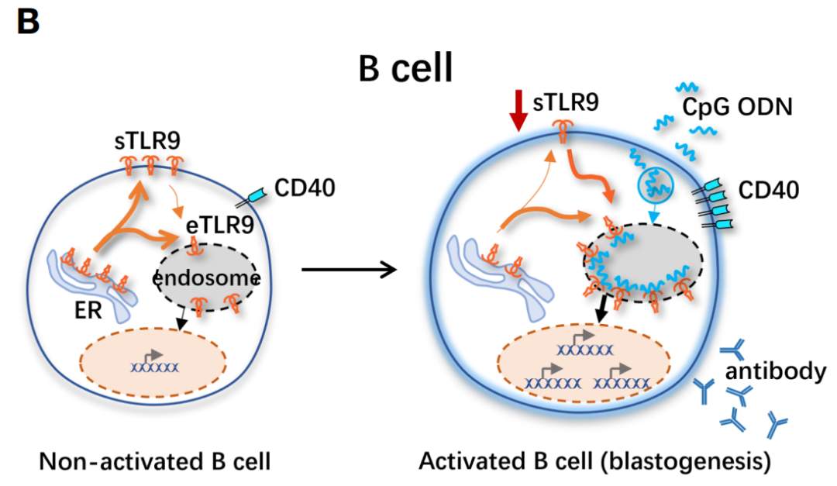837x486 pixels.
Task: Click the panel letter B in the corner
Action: pos(27,22)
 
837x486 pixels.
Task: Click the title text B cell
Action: pos(405,70)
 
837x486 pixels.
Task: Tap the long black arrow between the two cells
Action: pos(348,270)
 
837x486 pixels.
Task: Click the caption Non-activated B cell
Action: pos(155,463)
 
